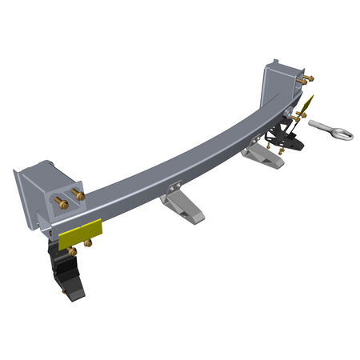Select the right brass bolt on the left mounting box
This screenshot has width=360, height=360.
coord(78,194)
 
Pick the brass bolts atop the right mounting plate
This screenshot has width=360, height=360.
coord(306,79)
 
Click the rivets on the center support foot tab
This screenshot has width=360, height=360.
coord(174,191)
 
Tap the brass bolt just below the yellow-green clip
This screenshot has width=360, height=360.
coord(298,120)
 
